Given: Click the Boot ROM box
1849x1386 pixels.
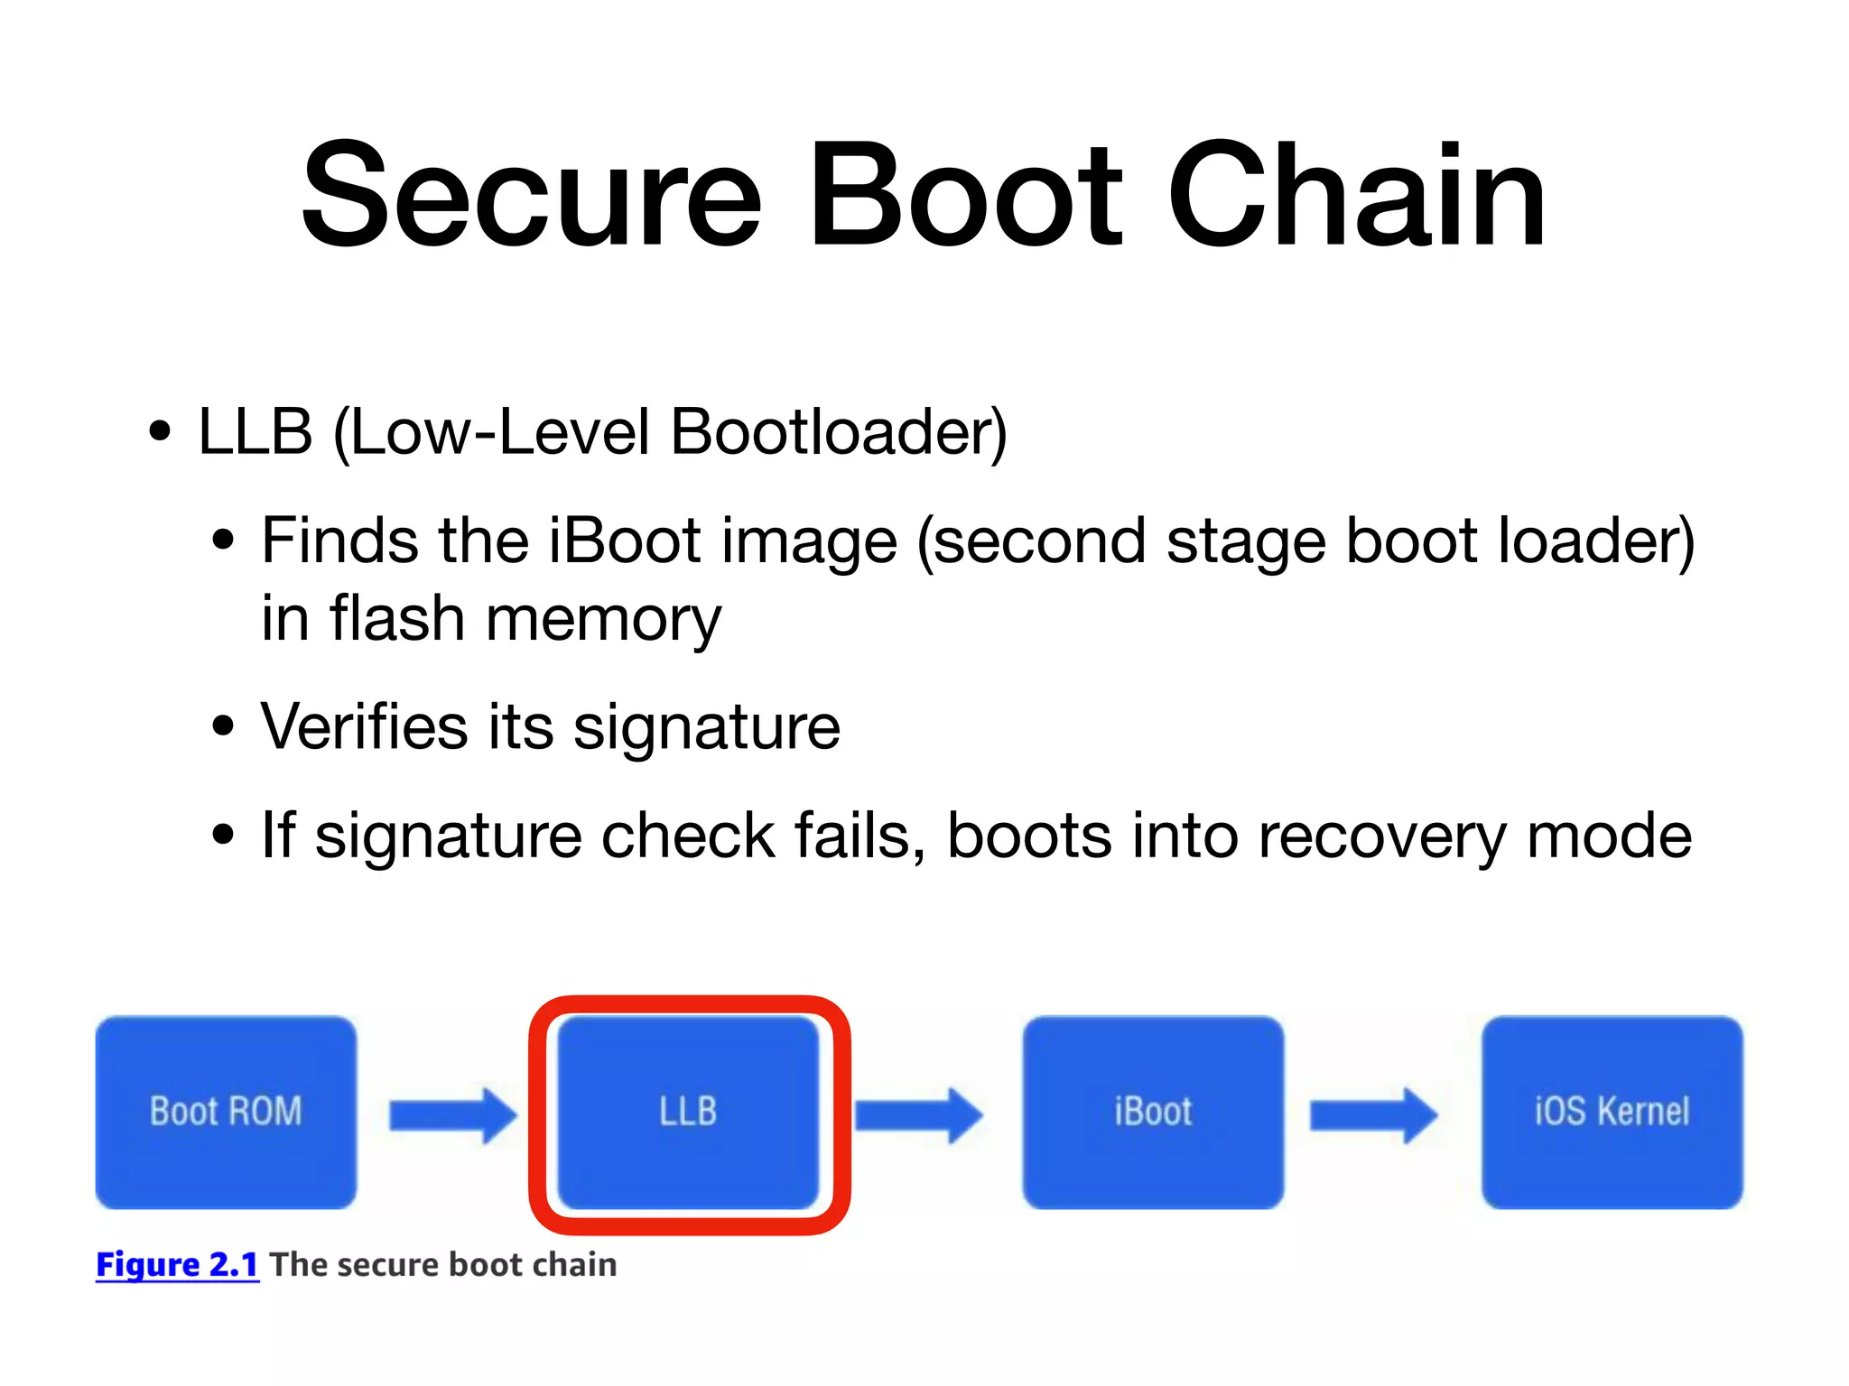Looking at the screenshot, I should click(226, 1112).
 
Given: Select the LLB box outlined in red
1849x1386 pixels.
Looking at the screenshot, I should click(688, 1112).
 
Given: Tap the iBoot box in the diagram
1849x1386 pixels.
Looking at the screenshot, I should click(1153, 1112).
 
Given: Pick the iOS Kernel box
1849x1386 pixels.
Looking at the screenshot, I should click(1612, 1112).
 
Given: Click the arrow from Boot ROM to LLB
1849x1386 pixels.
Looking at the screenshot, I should click(452, 1115).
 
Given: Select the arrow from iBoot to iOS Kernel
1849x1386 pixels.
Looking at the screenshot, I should click(1373, 1115).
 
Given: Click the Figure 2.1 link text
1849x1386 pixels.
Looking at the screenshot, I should click(177, 1265).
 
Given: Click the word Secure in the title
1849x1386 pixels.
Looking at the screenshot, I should click(532, 196).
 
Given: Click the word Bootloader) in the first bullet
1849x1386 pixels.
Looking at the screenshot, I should click(838, 432).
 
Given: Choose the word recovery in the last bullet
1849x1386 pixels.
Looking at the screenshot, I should click(1381, 836).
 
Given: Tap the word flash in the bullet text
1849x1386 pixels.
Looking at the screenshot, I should click(397, 619).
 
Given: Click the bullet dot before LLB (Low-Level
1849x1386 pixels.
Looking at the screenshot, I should click(160, 432).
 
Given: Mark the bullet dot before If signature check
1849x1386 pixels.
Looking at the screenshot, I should click(222, 836).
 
